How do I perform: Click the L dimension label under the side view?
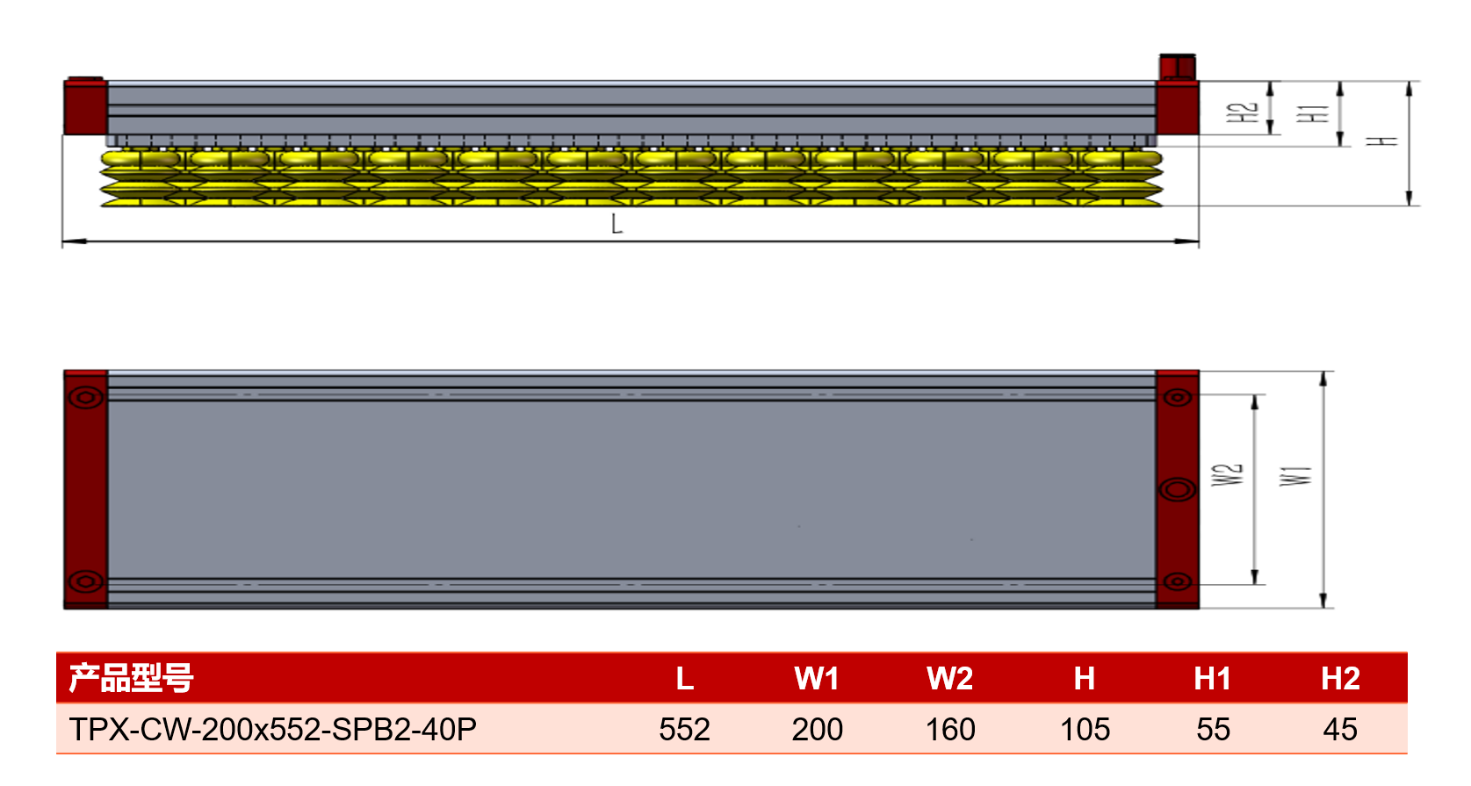coord(616,224)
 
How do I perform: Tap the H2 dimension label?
coord(1242,112)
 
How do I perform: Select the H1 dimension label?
coord(1313,113)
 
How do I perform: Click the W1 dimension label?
coord(1295,475)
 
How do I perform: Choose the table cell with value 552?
coord(684,730)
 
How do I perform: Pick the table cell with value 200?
coord(817,730)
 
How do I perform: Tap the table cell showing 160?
coord(950,730)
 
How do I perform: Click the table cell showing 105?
coord(1085,730)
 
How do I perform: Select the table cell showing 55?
coord(1213,730)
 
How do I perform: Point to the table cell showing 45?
coord(1339,730)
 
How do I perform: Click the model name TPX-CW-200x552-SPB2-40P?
coord(272,730)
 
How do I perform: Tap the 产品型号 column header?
coord(132,678)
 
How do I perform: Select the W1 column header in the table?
coord(817,678)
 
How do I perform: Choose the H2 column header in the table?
coord(1340,678)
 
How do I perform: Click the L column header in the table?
coord(685,678)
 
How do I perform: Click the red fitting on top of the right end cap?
coord(1177,67)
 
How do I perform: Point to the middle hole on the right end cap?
coord(1178,490)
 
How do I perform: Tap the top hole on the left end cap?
coord(85,397)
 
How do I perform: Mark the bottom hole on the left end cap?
coord(85,581)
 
